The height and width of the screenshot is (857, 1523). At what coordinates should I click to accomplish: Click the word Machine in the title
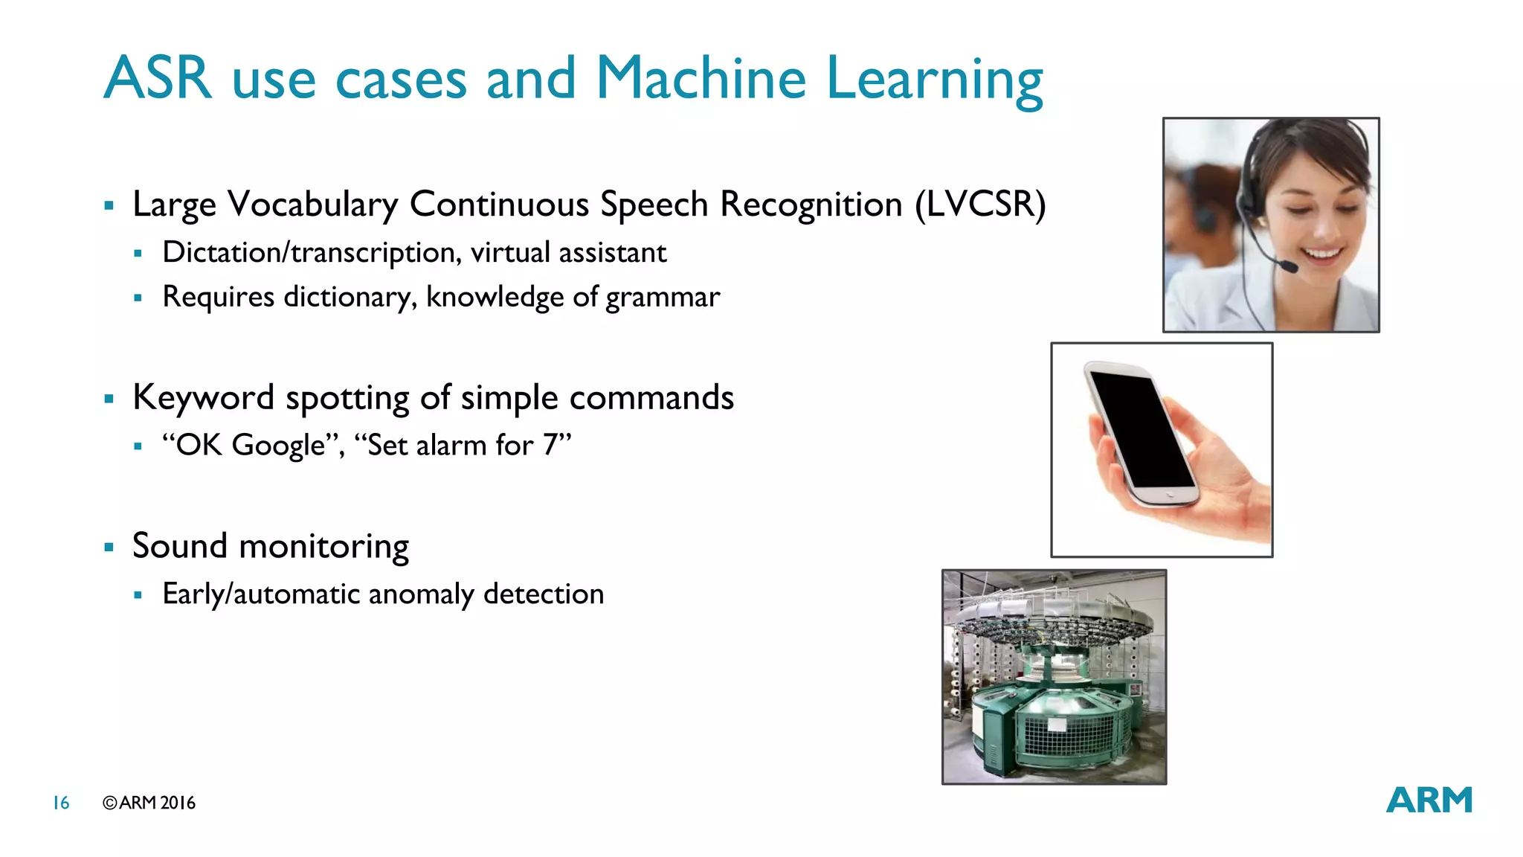pos(701,78)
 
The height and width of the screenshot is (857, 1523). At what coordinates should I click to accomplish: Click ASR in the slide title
pos(158,78)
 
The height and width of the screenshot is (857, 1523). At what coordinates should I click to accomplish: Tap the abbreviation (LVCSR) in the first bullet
pos(980,205)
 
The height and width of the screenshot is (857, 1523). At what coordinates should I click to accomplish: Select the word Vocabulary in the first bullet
pos(312,205)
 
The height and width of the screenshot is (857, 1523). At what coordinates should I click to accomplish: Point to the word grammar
pos(663,298)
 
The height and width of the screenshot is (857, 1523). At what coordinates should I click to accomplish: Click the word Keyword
pos(203,398)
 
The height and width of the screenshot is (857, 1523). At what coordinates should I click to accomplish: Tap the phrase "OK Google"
pos(254,445)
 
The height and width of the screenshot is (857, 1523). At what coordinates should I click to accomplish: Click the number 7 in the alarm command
pos(550,445)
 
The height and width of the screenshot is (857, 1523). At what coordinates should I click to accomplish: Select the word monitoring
pos(323,547)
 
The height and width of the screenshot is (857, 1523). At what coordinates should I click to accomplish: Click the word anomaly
pos(421,594)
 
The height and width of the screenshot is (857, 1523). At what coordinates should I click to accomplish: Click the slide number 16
pos(61,803)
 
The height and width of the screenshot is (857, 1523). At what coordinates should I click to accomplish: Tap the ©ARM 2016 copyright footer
pos(149,803)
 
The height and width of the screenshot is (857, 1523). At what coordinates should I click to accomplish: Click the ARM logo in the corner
pos(1429,800)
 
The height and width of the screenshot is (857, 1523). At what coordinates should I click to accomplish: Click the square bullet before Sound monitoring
pos(109,548)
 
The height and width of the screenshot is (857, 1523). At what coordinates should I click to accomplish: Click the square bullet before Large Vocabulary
pos(109,205)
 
